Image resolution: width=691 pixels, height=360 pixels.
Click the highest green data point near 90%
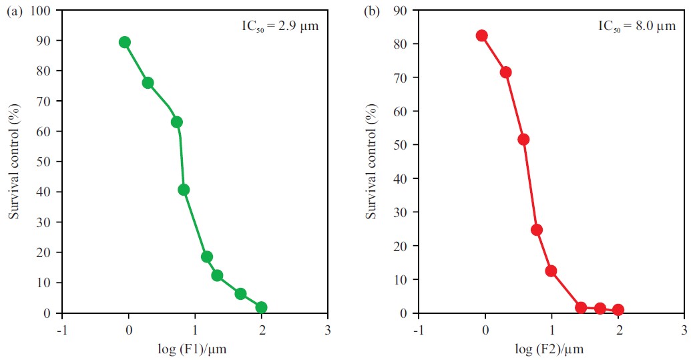click(124, 42)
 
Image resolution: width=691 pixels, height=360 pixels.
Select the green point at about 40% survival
click(184, 190)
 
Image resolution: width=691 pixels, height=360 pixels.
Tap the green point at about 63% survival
click(176, 122)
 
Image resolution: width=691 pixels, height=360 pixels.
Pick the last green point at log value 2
click(261, 307)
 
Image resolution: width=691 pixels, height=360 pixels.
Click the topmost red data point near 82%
click(481, 35)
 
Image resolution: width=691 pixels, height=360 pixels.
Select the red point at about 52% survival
click(523, 140)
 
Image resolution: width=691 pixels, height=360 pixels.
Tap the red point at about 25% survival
click(536, 230)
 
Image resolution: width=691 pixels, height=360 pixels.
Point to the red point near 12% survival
click(551, 271)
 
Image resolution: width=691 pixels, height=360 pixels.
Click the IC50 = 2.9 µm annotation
click(280, 27)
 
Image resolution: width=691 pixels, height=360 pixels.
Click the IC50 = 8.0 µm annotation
click(636, 27)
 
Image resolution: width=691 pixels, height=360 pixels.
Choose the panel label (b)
click(372, 11)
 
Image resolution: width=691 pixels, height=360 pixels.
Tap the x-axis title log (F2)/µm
click(551, 349)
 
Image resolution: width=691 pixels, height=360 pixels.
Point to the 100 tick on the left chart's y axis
click(42, 11)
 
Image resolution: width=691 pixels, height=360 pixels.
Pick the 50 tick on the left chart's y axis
click(45, 162)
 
